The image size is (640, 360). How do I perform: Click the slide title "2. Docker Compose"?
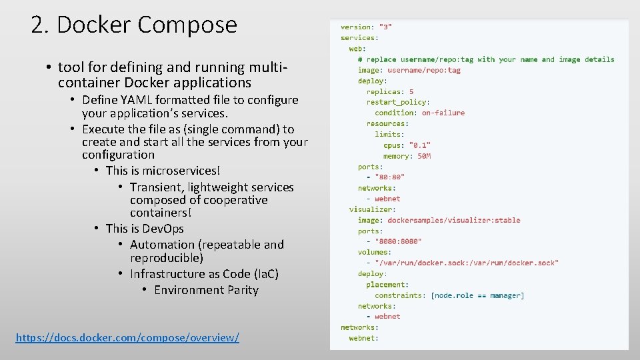pos(134,25)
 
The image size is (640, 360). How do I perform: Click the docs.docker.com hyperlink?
pos(127,337)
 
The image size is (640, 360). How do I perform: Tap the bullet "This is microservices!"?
pos(163,171)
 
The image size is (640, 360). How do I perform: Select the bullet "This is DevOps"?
pos(145,229)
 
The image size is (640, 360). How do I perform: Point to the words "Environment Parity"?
pos(206,290)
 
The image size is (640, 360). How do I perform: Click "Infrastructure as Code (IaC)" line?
pos(204,274)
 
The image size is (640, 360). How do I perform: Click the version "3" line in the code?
pos(366,27)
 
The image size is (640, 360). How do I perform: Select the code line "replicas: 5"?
pos(390,91)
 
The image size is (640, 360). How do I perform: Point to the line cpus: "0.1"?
pos(407,145)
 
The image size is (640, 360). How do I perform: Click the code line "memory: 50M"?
pos(407,156)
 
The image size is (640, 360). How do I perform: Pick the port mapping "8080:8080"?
pos(398,241)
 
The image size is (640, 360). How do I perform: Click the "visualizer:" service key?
pos(372,209)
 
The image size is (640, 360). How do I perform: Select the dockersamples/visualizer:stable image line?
pos(439,220)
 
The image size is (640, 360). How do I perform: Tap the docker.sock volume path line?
pos(467,263)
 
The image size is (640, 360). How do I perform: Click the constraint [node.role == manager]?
pos(477,295)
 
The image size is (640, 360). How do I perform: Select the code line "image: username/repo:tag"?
pos(409,70)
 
